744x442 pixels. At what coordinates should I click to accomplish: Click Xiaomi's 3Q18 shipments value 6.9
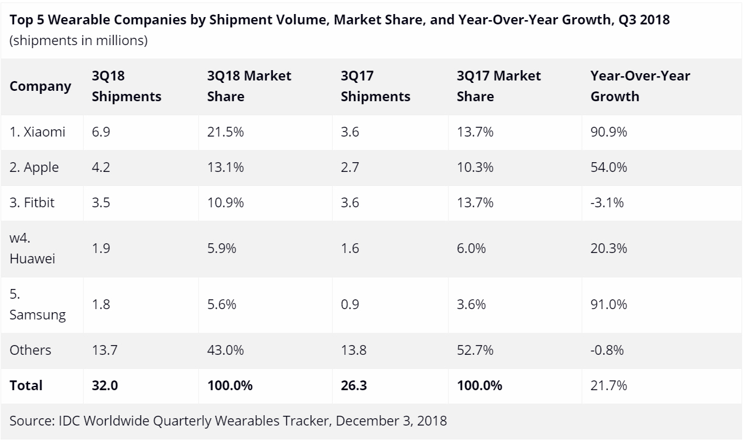[x=101, y=132]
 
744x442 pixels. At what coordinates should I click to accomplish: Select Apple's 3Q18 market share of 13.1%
[x=226, y=167]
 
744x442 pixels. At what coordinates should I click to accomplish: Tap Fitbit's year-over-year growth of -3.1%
[x=607, y=202]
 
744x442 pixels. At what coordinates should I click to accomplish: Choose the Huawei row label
[x=33, y=249]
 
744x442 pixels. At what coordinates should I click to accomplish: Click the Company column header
[x=40, y=86]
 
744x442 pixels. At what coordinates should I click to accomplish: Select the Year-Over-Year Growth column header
[x=640, y=86]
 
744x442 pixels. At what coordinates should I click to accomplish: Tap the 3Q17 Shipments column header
[x=375, y=86]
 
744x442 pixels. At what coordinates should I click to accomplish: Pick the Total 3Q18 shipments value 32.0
[x=104, y=385]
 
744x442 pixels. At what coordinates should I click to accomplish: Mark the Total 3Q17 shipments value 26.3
[x=354, y=385]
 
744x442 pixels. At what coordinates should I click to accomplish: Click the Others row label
[x=31, y=350]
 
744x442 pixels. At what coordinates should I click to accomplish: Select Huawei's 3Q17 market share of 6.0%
[x=471, y=249]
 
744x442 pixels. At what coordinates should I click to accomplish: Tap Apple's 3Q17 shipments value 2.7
[x=350, y=167]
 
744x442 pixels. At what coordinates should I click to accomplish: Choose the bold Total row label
[x=26, y=385]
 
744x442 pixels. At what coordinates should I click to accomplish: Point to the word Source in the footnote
[x=30, y=421]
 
